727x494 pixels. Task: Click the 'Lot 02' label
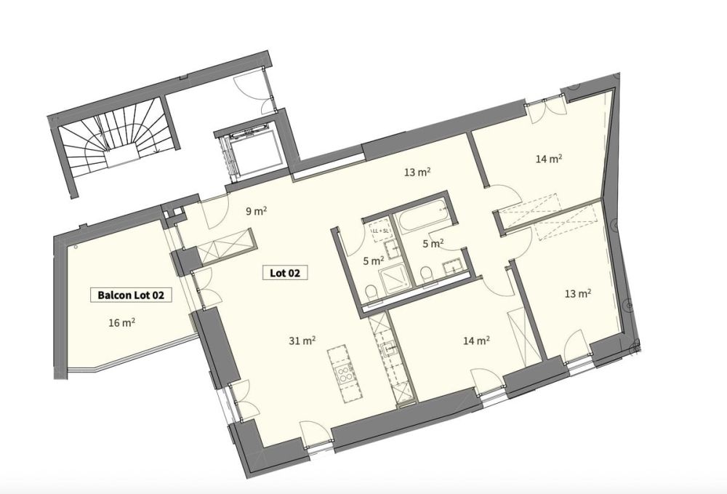point(284,274)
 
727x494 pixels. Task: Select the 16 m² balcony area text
point(124,323)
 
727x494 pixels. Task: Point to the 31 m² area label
point(303,340)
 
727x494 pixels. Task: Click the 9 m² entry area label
point(255,212)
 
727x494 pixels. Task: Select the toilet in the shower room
point(371,292)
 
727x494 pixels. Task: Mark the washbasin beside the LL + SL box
point(390,250)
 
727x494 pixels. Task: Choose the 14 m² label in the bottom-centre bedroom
point(477,339)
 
